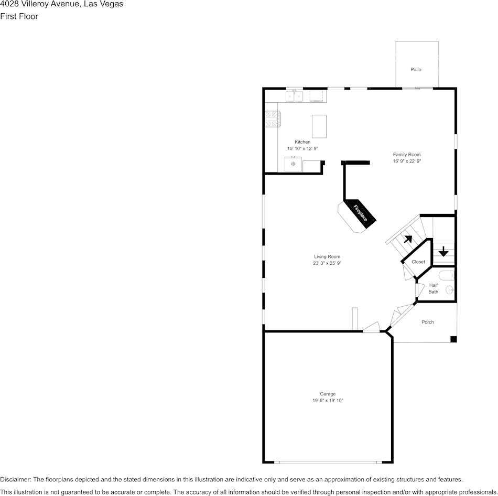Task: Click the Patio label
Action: (416, 69)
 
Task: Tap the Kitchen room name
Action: (302, 142)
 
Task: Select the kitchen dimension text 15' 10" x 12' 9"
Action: (302, 148)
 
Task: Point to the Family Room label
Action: (407, 155)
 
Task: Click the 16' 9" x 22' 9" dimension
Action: (407, 161)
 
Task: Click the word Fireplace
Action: (361, 213)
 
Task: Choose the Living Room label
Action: (327, 256)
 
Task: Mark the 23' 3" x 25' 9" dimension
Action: (327, 263)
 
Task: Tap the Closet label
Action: (418, 262)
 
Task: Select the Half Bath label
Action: (433, 288)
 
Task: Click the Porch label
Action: (427, 322)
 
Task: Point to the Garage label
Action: (328, 394)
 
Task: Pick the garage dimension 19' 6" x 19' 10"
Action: (328, 401)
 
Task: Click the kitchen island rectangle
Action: (319, 126)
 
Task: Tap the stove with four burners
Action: (273, 119)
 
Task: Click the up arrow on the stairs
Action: (408, 239)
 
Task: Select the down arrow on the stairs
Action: (443, 251)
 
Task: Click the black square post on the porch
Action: (453, 339)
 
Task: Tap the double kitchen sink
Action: (294, 96)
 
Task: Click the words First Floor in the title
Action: (19, 16)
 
